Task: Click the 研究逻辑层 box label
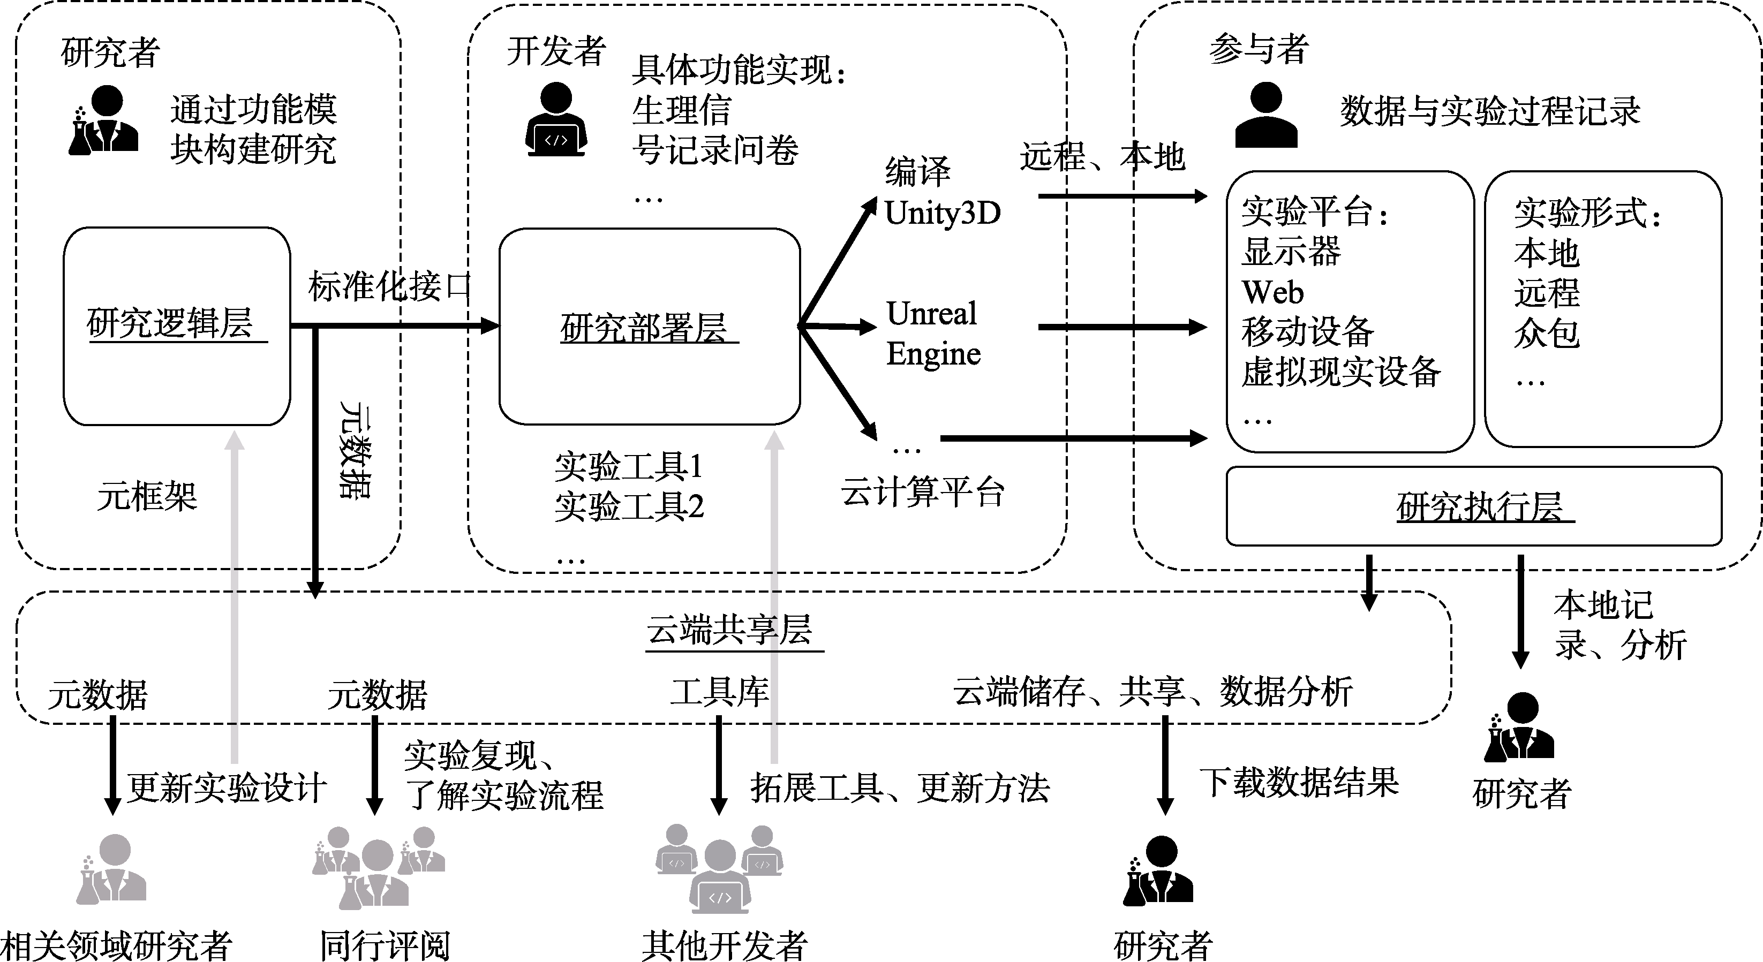coord(170,324)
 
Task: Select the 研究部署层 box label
coord(644,328)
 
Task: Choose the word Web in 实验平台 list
coord(1273,293)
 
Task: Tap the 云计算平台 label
coord(923,492)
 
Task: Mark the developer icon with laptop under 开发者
coord(556,120)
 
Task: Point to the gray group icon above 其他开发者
coord(719,868)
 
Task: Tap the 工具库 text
coord(719,692)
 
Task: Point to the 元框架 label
coord(147,496)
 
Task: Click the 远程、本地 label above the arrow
coord(1103,157)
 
